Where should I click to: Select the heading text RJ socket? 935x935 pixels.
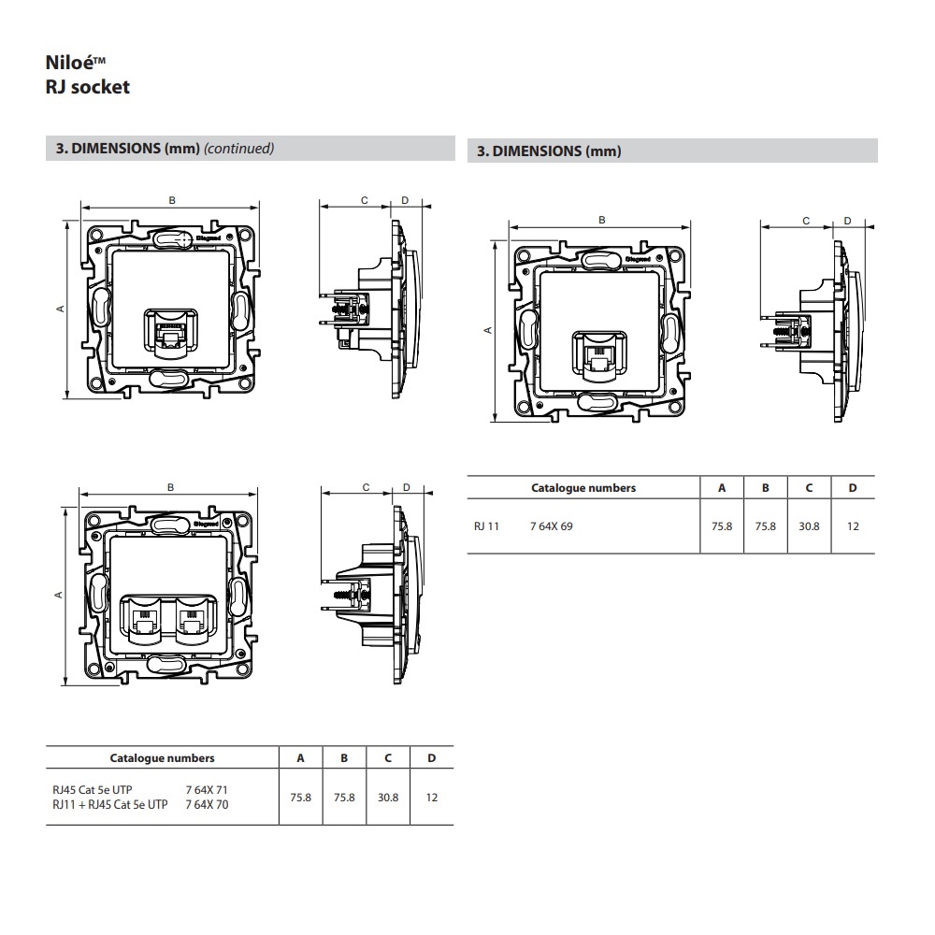[x=87, y=88]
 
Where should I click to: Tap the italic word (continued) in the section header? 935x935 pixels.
[x=238, y=149]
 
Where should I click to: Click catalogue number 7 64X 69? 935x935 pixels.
[x=551, y=526]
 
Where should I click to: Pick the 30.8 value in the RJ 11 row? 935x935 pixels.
[x=809, y=526]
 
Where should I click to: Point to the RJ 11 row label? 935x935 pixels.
[x=487, y=526]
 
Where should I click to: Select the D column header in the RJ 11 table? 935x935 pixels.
[x=852, y=488]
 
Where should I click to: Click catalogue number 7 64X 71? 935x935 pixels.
[x=207, y=791]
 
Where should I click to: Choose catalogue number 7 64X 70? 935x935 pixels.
[x=207, y=804]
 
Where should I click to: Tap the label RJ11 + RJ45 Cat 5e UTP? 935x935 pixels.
[x=110, y=804]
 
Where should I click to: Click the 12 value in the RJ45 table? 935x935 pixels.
[x=431, y=798]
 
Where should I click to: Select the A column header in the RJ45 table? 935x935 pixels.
[x=300, y=758]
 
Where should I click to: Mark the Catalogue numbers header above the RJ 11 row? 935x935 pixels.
[x=583, y=488]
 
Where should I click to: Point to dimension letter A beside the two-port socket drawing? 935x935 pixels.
[x=59, y=595]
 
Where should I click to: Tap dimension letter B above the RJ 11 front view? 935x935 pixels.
[x=602, y=220]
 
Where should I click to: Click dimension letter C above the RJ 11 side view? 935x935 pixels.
[x=806, y=221]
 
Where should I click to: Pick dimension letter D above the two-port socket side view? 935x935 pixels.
[x=407, y=487]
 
